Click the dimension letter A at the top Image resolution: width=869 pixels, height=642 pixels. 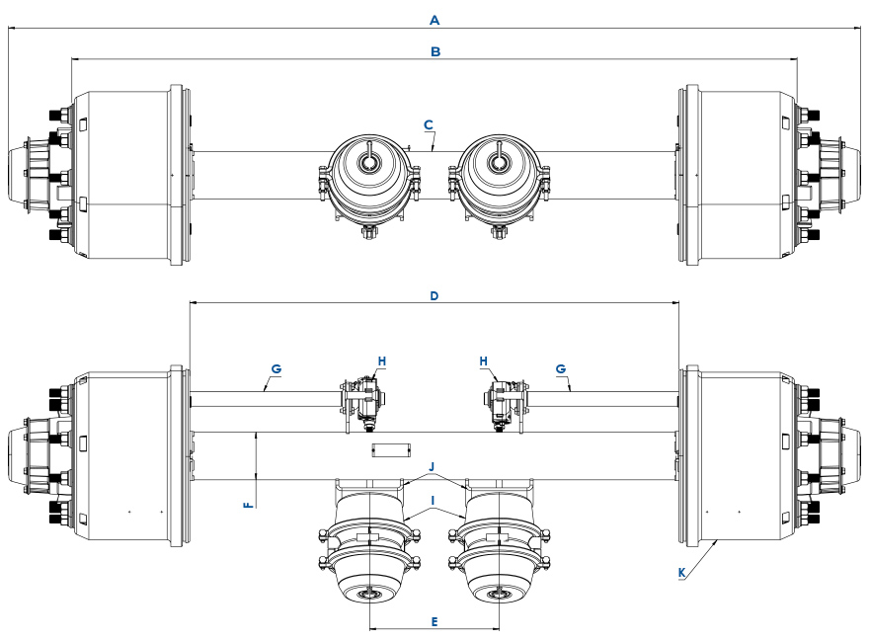click(434, 19)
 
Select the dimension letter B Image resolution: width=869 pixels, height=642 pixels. click(434, 50)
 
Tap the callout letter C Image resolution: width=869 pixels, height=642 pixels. click(428, 124)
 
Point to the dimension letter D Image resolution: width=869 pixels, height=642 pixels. click(434, 295)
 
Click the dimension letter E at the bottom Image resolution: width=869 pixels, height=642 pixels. click(434, 621)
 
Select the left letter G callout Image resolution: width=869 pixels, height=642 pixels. click(276, 368)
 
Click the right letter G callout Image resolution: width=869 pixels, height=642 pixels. click(561, 368)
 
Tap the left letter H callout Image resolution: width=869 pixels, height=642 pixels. click(381, 361)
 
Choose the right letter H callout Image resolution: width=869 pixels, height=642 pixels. click(485, 361)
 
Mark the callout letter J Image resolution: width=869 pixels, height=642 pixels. click(432, 465)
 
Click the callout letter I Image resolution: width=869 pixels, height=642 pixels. click(433, 501)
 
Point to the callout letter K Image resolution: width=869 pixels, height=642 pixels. click(680, 572)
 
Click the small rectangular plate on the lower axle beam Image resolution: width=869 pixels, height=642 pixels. click(390, 450)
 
